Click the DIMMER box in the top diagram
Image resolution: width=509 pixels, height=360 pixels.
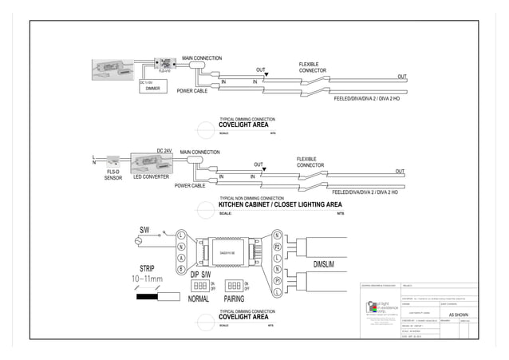tap(153, 88)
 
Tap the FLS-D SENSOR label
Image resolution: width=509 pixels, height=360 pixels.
tap(112, 174)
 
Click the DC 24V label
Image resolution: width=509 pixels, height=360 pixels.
tap(164, 151)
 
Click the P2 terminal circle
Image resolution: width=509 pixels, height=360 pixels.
tap(277, 247)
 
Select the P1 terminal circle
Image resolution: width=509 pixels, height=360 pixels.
tap(277, 281)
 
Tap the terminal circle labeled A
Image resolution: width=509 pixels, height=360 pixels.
tap(181, 258)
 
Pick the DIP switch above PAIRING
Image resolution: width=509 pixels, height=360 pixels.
tap(234, 285)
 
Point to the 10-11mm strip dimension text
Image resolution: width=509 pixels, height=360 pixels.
tap(147, 279)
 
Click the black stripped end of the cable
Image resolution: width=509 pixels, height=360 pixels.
tap(147, 296)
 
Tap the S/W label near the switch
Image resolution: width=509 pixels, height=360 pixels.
tap(144, 230)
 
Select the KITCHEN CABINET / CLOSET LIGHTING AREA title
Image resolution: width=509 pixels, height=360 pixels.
tap(280, 205)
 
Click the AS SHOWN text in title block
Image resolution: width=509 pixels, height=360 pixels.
tap(460, 316)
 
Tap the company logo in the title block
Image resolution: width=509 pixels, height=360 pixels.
tap(370, 307)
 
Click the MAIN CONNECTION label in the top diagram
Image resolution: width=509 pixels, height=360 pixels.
tap(202, 58)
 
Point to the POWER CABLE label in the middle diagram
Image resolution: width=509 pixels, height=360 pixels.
tap(190, 185)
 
